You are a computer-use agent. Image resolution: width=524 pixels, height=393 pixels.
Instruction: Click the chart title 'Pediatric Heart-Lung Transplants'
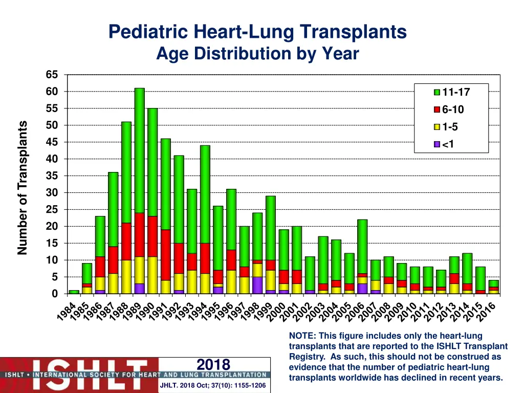click(257, 32)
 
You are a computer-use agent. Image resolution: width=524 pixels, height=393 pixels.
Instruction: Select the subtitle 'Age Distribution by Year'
click(257, 53)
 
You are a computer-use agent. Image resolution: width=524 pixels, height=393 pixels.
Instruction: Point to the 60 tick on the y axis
click(52, 92)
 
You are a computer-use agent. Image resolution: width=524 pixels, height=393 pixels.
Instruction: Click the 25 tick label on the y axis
click(52, 210)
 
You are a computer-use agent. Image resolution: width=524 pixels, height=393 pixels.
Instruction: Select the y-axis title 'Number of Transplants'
click(22, 187)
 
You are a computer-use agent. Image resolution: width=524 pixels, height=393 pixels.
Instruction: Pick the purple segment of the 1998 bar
click(257, 285)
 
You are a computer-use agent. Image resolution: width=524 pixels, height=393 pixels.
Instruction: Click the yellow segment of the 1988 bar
click(126, 277)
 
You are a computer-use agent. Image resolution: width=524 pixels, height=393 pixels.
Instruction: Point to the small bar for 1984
click(74, 292)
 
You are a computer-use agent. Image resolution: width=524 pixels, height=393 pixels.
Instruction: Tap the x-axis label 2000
click(277, 313)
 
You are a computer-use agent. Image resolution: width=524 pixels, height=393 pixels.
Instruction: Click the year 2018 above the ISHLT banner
click(213, 364)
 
